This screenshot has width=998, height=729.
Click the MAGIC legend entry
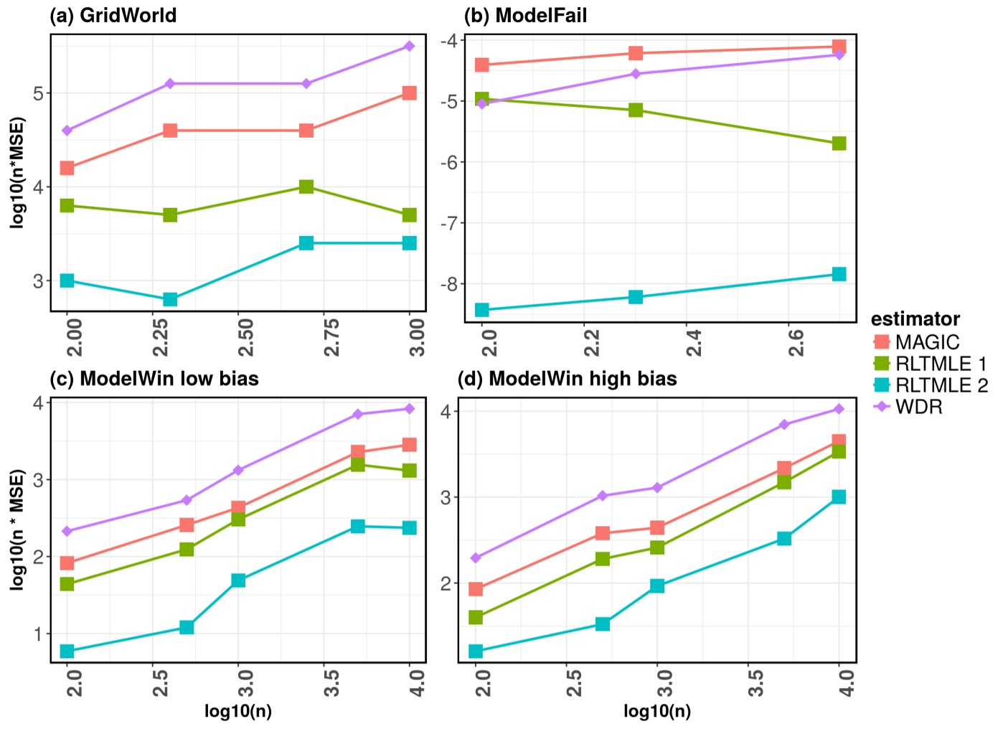click(926, 342)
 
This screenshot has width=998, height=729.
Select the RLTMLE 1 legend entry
click(940, 364)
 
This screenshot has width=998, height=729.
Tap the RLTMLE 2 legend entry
click(941, 385)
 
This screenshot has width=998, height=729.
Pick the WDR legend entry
click(918, 407)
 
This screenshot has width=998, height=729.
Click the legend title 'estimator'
click(915, 319)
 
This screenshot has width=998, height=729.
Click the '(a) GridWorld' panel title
click(113, 15)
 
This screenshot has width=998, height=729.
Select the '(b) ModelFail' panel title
click(525, 15)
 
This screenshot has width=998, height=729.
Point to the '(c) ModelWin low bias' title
click(154, 379)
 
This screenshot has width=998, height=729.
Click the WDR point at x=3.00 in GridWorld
click(410, 47)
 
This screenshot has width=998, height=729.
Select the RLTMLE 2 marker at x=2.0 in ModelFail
click(482, 310)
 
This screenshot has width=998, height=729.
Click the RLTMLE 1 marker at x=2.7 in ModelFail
click(839, 144)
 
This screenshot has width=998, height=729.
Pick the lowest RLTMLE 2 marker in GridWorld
click(170, 299)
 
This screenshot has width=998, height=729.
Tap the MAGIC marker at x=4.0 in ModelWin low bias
click(410, 445)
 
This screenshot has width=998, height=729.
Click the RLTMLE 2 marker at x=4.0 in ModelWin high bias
click(839, 497)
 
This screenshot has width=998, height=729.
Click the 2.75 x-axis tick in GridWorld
click(332, 337)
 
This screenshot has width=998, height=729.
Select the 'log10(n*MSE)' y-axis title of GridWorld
click(18, 172)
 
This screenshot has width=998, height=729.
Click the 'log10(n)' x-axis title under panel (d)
click(656, 711)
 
